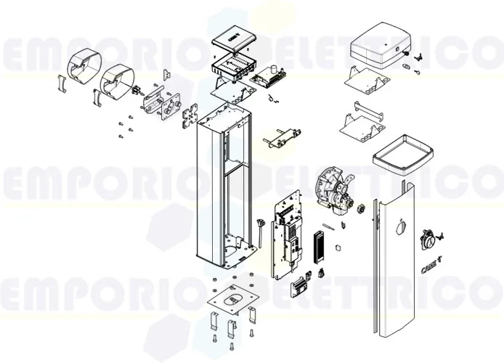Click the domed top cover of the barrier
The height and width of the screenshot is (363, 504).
click(382, 50)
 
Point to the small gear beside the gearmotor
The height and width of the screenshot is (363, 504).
click(357, 209)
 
